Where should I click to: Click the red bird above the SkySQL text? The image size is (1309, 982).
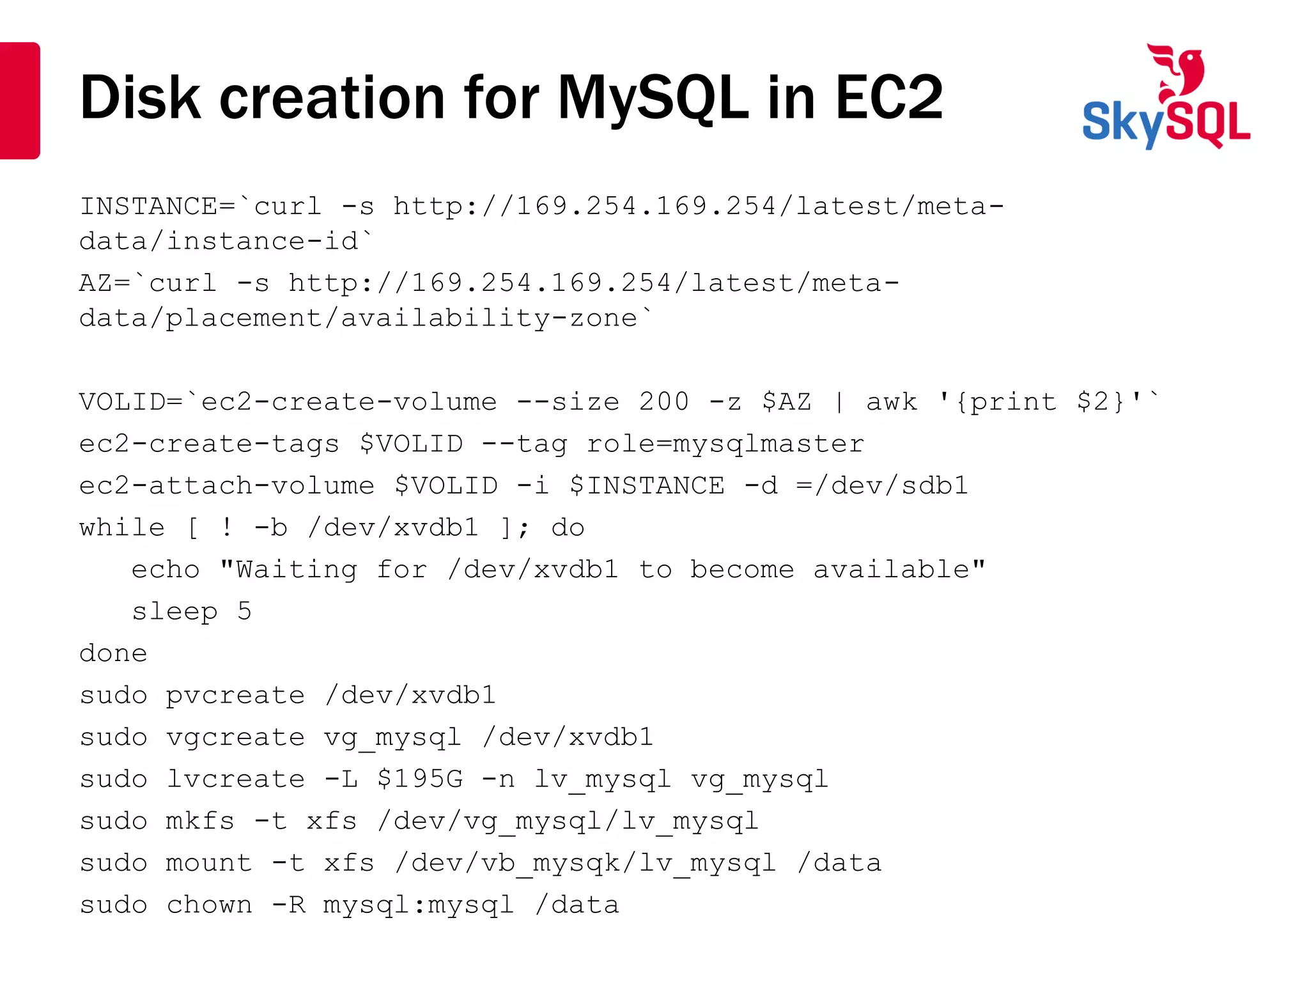coord(1177,70)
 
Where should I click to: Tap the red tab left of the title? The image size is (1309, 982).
coord(19,100)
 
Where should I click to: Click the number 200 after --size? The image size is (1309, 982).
coord(663,401)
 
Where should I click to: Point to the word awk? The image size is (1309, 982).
coord(892,401)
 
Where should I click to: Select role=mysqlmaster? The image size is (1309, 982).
coord(725,444)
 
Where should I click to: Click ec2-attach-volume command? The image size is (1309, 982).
coord(227,485)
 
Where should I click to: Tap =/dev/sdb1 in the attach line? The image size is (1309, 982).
coord(882,485)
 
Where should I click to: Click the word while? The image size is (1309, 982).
coord(122,527)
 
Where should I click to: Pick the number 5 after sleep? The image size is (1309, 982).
coord(244,611)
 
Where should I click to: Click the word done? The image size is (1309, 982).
coord(114,653)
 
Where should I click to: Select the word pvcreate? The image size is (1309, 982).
coord(235,696)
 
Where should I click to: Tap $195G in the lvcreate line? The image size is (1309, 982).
coord(420,779)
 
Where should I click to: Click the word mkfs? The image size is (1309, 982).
coord(200,821)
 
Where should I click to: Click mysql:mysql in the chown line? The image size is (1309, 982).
coord(418,905)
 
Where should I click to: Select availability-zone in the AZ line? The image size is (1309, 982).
coord(489,318)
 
